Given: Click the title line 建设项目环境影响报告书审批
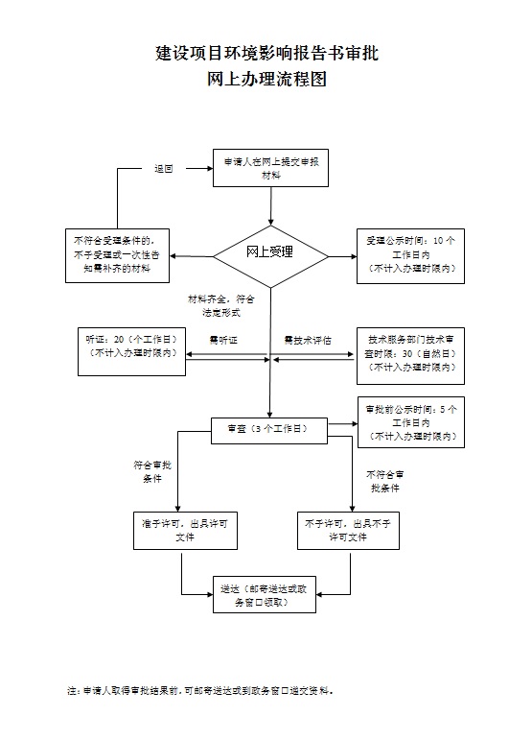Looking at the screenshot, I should pyautogui.click(x=266, y=53).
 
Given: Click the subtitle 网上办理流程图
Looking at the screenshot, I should pyautogui.click(x=266, y=81).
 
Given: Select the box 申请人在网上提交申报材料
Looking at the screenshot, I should pyautogui.click(x=271, y=168).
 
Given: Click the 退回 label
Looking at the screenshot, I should pyautogui.click(x=164, y=169).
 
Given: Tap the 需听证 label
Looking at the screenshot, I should pyautogui.click(x=222, y=341).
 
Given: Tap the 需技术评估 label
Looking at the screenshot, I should pyautogui.click(x=308, y=341).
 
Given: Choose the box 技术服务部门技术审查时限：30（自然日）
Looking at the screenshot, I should pyautogui.click(x=410, y=352).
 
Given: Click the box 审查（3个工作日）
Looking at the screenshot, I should pyautogui.click(x=269, y=429).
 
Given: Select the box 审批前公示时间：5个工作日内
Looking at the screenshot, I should pyautogui.click(x=410, y=422).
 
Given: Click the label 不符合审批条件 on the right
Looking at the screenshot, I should pyautogui.click(x=384, y=482).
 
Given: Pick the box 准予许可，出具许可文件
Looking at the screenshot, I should pyautogui.click(x=183, y=530).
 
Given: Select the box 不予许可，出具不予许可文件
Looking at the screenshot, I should pyautogui.click(x=348, y=530).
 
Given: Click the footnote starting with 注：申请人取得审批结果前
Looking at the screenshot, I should pyautogui.click(x=199, y=690).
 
